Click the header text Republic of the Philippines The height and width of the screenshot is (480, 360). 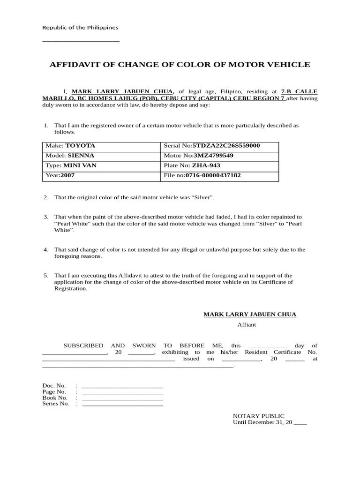pyautogui.click(x=80, y=28)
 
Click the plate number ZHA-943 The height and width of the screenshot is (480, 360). pyautogui.click(x=206, y=165)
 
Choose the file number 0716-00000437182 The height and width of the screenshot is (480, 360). pyautogui.click(x=213, y=176)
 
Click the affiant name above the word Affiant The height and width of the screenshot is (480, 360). pyautogui.click(x=249, y=315)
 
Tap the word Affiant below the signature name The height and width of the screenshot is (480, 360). pyautogui.click(x=247, y=324)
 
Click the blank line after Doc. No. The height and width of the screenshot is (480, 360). pyautogui.click(x=122, y=387)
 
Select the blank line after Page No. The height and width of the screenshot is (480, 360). pyautogui.click(x=122, y=393)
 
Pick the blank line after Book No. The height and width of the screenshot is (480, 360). pyautogui.click(x=122, y=399)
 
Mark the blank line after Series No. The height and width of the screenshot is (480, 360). pyautogui.click(x=122, y=405)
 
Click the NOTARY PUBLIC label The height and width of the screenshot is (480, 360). pyautogui.click(x=258, y=416)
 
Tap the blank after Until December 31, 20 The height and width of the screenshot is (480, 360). pyautogui.click(x=300, y=423)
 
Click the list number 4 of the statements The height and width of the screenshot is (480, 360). pyautogui.click(x=46, y=250)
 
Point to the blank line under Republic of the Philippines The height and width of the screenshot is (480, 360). pyautogui.click(x=81, y=41)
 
